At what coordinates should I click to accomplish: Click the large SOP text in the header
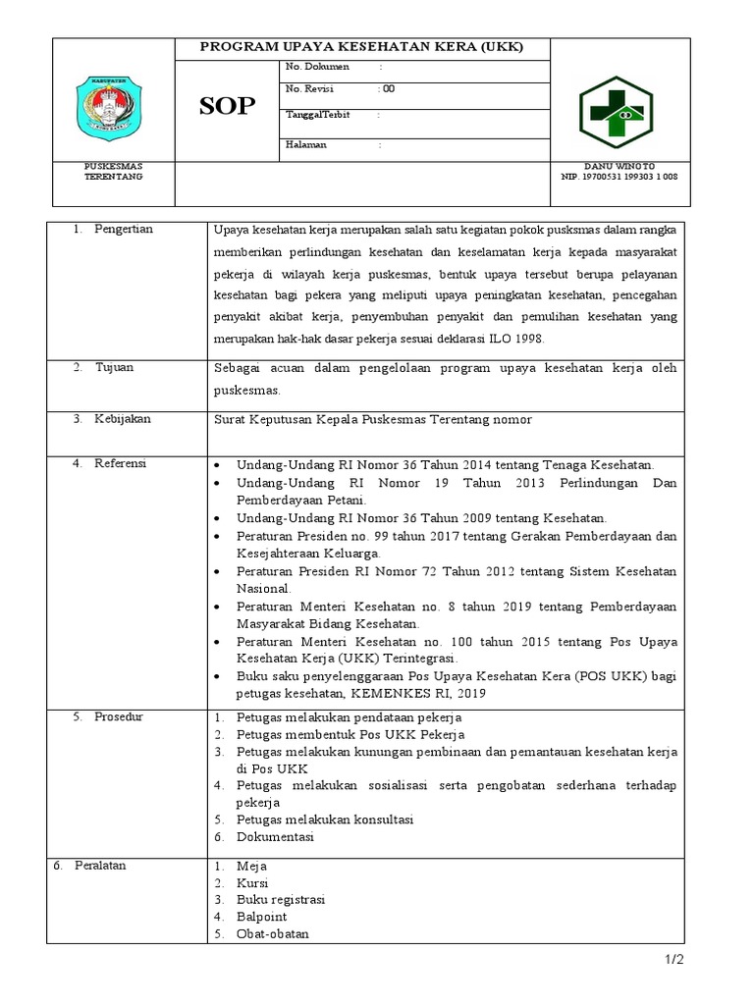(x=227, y=107)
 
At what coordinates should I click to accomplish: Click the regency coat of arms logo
(x=112, y=107)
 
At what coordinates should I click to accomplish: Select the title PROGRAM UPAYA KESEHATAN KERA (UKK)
(x=362, y=46)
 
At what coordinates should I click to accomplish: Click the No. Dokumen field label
(x=311, y=67)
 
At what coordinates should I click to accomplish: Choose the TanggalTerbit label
(x=317, y=115)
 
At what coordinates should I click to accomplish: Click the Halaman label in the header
(x=306, y=144)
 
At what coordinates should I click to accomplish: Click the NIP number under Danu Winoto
(x=619, y=177)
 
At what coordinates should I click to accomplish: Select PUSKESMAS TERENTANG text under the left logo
(x=113, y=172)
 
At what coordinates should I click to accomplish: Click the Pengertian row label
(x=123, y=229)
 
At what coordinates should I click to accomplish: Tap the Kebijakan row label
(x=123, y=418)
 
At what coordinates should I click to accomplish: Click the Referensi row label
(x=120, y=463)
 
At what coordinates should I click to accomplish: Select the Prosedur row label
(x=119, y=716)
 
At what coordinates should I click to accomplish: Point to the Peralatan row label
(x=104, y=865)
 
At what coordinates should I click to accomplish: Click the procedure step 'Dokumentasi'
(x=275, y=837)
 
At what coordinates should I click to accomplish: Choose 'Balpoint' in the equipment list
(x=261, y=917)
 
